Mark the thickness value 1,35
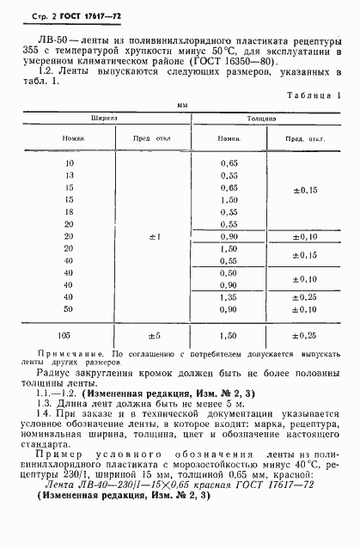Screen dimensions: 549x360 point(229,296)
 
